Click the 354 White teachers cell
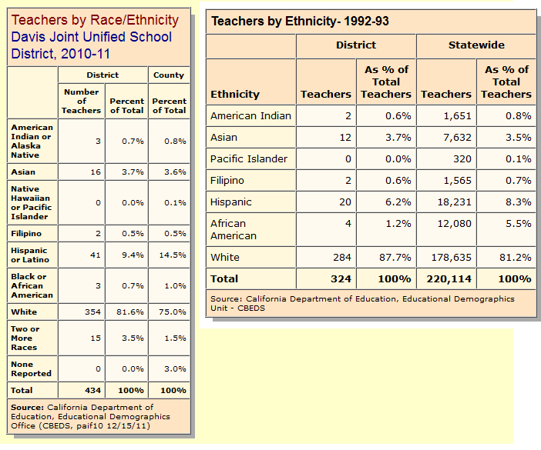click(x=92, y=312)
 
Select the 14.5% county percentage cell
click(x=173, y=255)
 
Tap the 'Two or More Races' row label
click(x=25, y=338)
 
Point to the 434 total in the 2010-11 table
click(x=92, y=391)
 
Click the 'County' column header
click(x=169, y=75)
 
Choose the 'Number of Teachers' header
click(x=82, y=102)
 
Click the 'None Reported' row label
click(x=31, y=368)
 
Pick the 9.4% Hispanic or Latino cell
click(x=133, y=255)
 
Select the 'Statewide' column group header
click(x=476, y=45)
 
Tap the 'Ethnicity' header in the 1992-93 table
click(x=235, y=95)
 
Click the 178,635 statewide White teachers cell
click(x=452, y=258)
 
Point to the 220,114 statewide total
click(x=449, y=279)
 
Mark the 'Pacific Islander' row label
click(x=249, y=159)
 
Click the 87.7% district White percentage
click(x=395, y=258)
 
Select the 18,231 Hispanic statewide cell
click(x=455, y=202)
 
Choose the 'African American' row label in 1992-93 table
click(x=234, y=230)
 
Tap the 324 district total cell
click(x=341, y=279)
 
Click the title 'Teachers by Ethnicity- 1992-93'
click(x=300, y=22)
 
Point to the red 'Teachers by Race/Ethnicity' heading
click(x=95, y=20)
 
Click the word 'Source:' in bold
click(x=27, y=407)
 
